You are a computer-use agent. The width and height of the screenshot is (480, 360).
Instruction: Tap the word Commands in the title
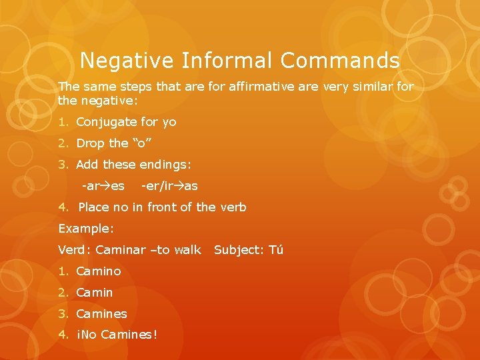pos(340,61)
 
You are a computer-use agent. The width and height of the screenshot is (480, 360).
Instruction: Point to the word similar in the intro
pos(373,87)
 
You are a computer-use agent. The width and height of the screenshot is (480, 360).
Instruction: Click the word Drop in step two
pos(91,143)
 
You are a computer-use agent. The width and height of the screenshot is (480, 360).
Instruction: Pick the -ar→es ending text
pos(103,186)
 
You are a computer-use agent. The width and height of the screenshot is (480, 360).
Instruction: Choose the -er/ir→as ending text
pos(169,186)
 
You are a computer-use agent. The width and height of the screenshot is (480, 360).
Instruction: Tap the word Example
pos(86,229)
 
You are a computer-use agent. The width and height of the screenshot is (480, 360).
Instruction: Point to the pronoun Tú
pos(275,250)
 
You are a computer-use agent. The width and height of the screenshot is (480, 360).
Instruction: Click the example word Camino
pos(99,271)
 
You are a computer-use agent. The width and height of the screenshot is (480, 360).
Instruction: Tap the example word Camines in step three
pos(101,314)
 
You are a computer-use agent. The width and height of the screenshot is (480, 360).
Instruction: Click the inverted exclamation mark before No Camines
pos(79,335)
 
